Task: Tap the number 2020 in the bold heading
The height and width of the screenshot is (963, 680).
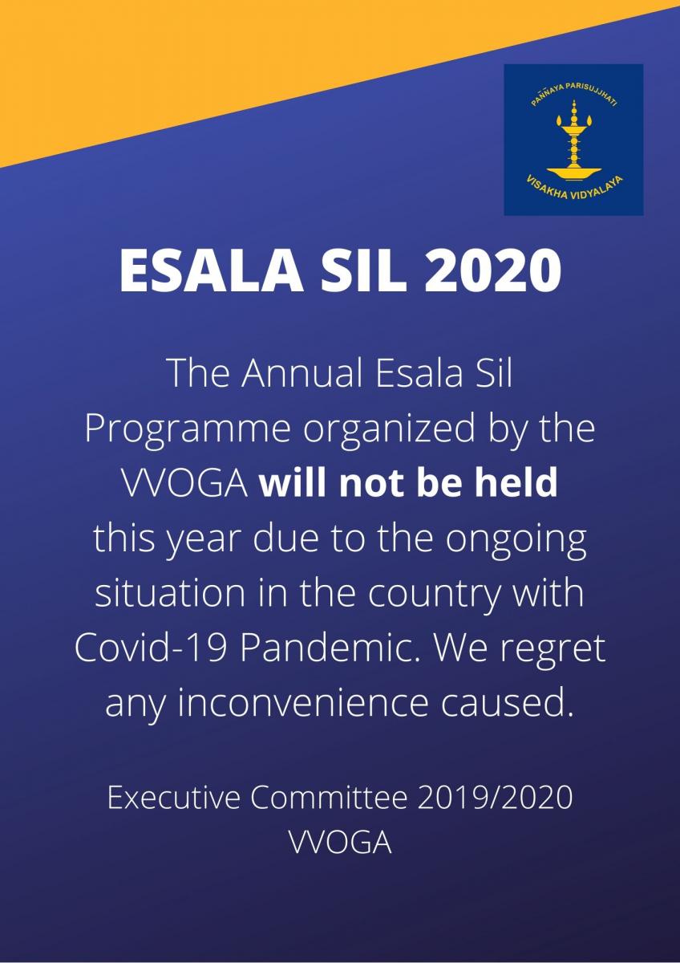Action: (492, 272)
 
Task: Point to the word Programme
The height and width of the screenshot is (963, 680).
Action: (188, 429)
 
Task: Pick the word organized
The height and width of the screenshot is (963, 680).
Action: (390, 429)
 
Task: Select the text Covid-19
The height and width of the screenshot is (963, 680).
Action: (152, 648)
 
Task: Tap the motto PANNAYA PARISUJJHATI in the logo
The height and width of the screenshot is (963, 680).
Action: (573, 92)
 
